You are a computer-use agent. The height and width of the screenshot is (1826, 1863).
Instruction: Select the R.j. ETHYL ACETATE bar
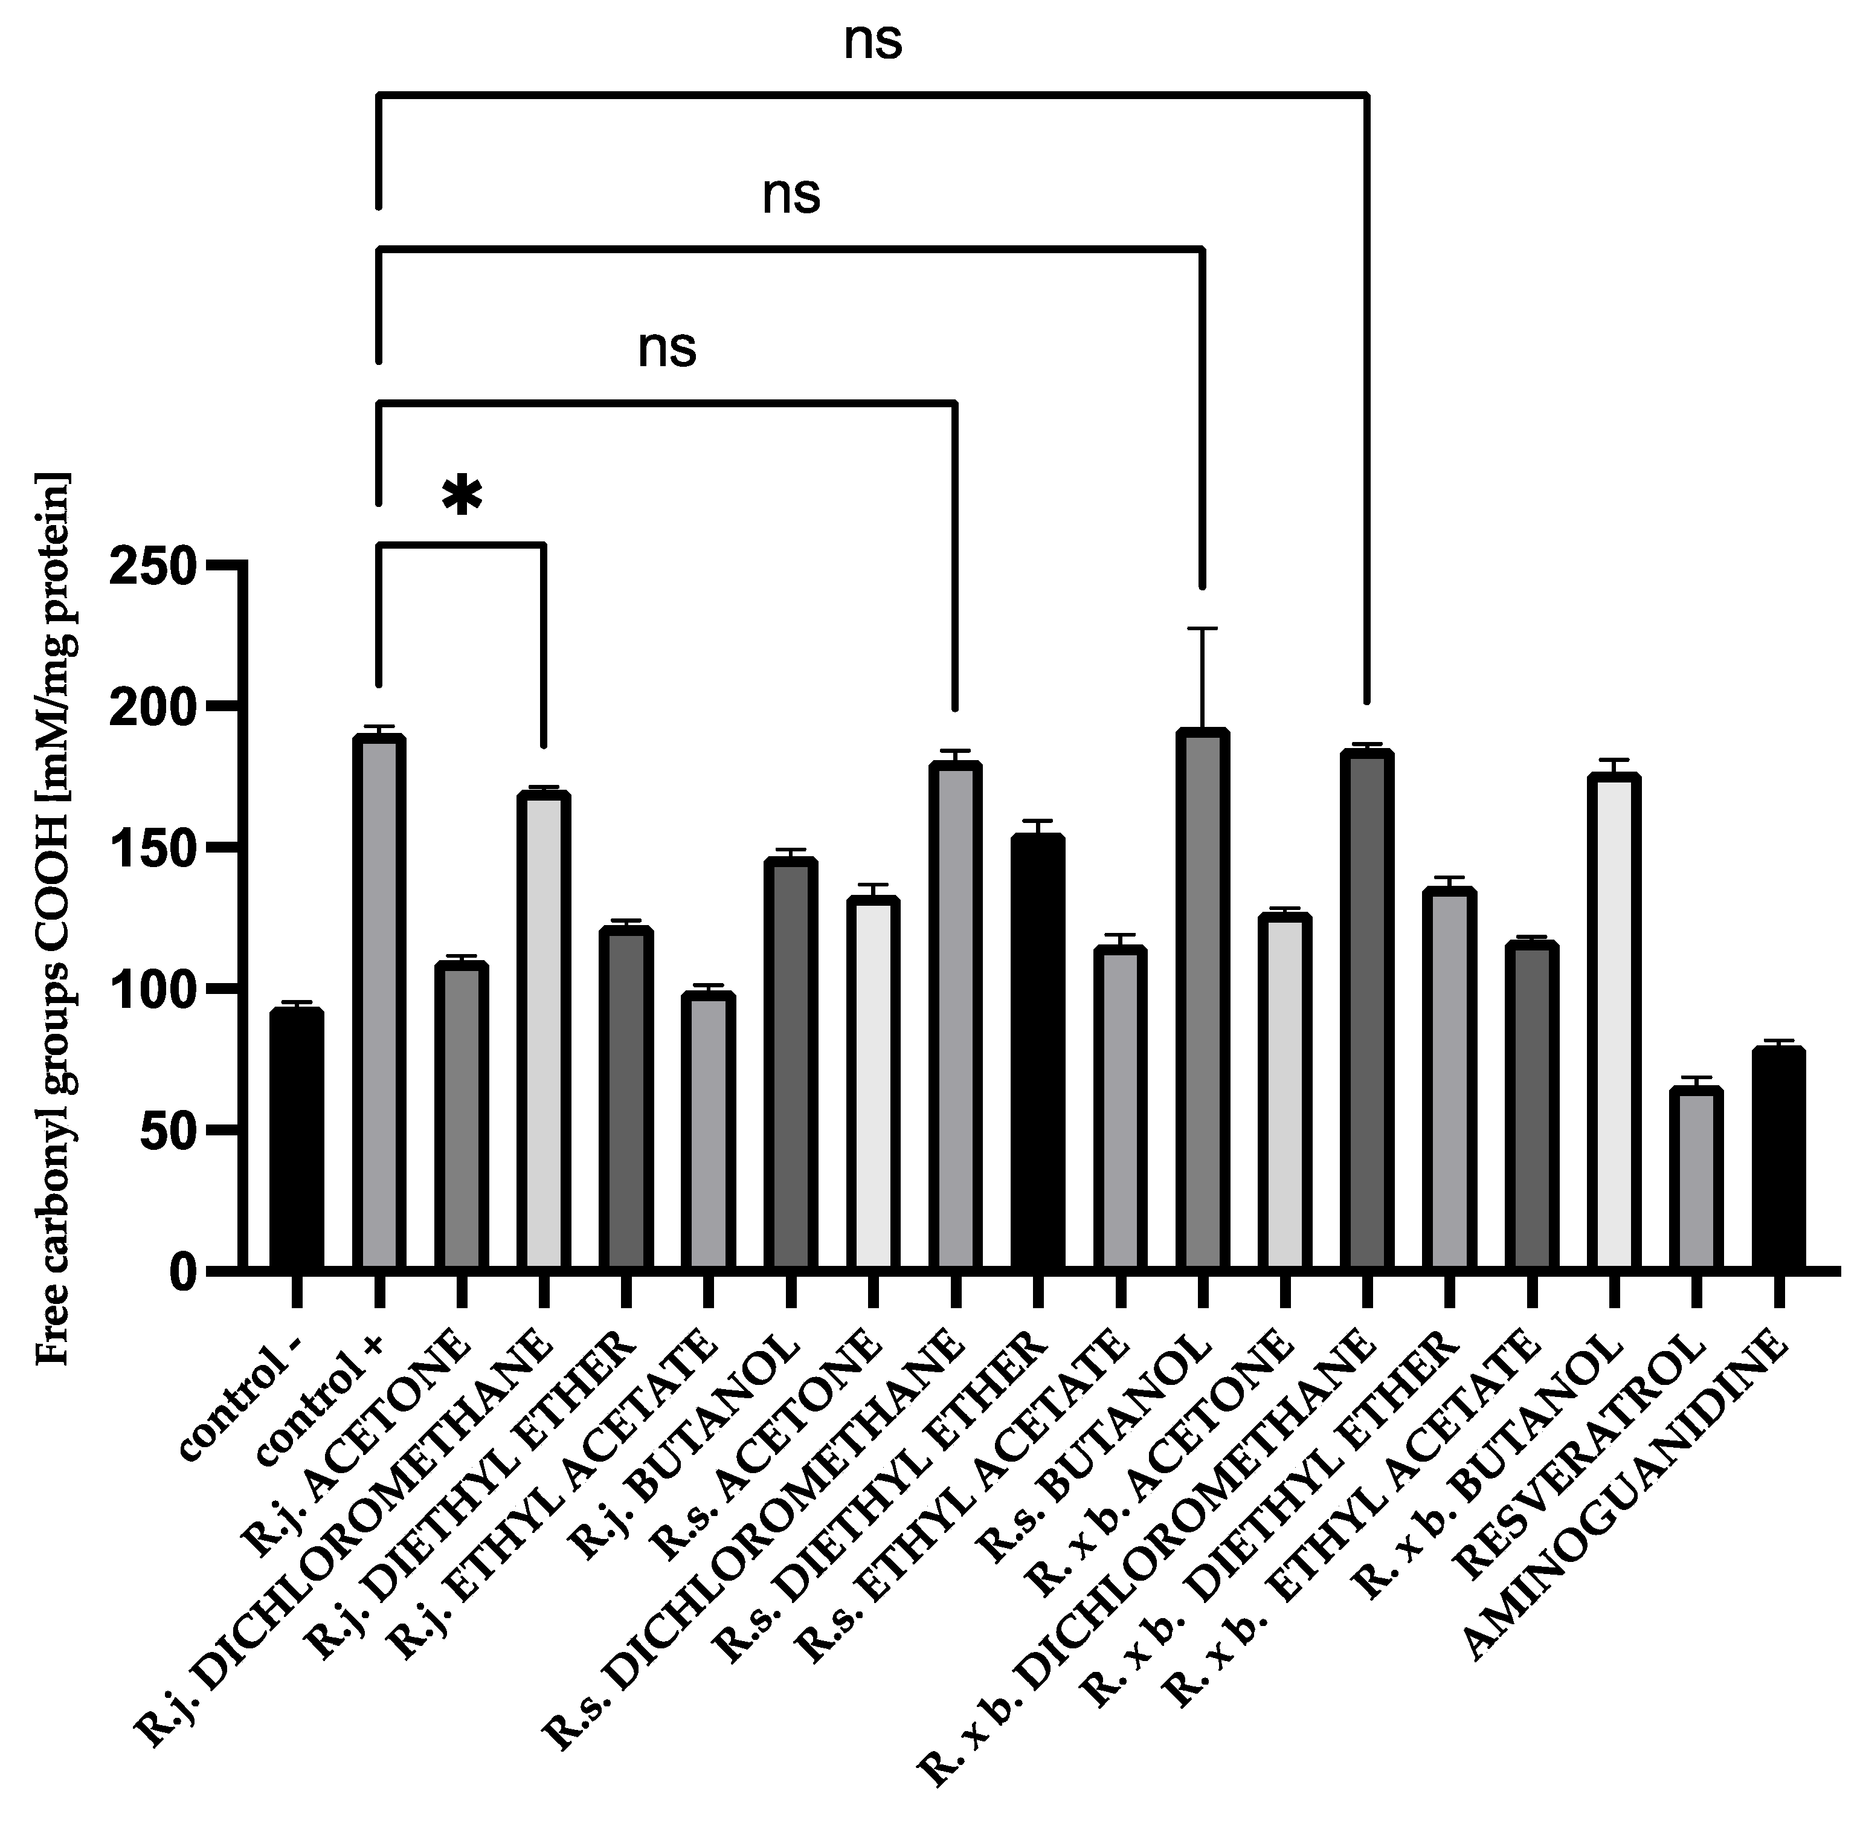click(707, 1132)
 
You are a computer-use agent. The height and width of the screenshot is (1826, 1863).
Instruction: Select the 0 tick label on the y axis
click(185, 1273)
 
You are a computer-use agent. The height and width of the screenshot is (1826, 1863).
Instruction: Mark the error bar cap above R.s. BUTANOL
click(1202, 629)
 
